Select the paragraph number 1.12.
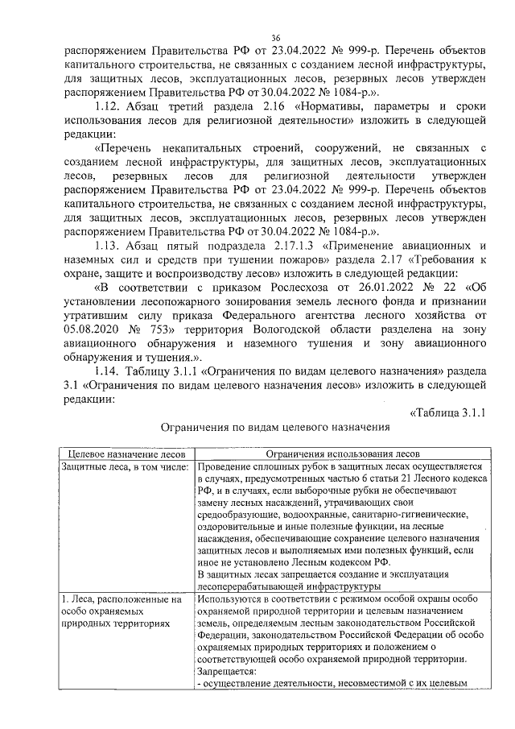pyautogui.click(x=108, y=106)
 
